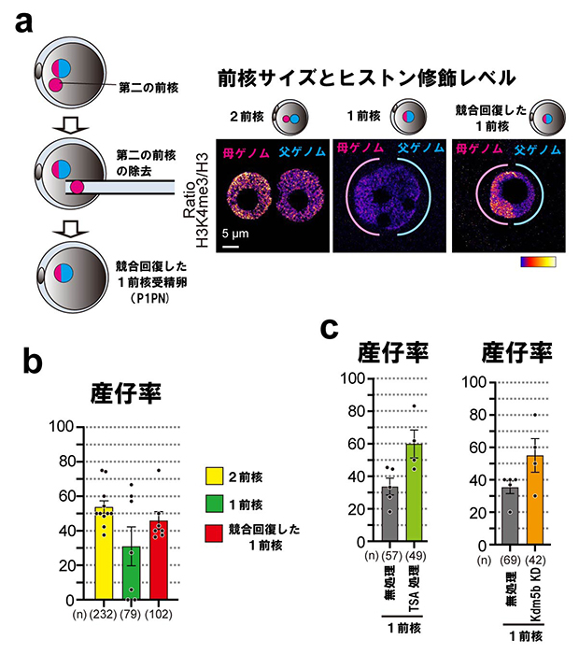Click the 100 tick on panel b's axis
[x=64, y=427]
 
